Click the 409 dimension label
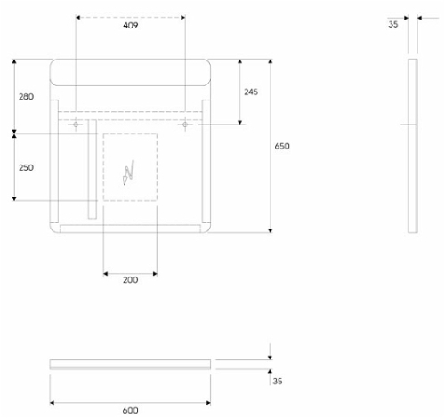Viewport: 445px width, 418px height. (131, 26)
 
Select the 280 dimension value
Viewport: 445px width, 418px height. (26, 97)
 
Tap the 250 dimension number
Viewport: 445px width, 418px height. (26, 167)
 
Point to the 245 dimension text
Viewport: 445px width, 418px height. (251, 92)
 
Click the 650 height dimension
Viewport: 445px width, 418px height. (282, 146)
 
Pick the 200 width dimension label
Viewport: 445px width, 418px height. (131, 280)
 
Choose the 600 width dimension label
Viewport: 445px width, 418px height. (131, 410)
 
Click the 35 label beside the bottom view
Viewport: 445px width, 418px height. (278, 381)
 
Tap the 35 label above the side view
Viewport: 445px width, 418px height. (393, 24)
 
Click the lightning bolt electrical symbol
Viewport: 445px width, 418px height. (129, 173)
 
